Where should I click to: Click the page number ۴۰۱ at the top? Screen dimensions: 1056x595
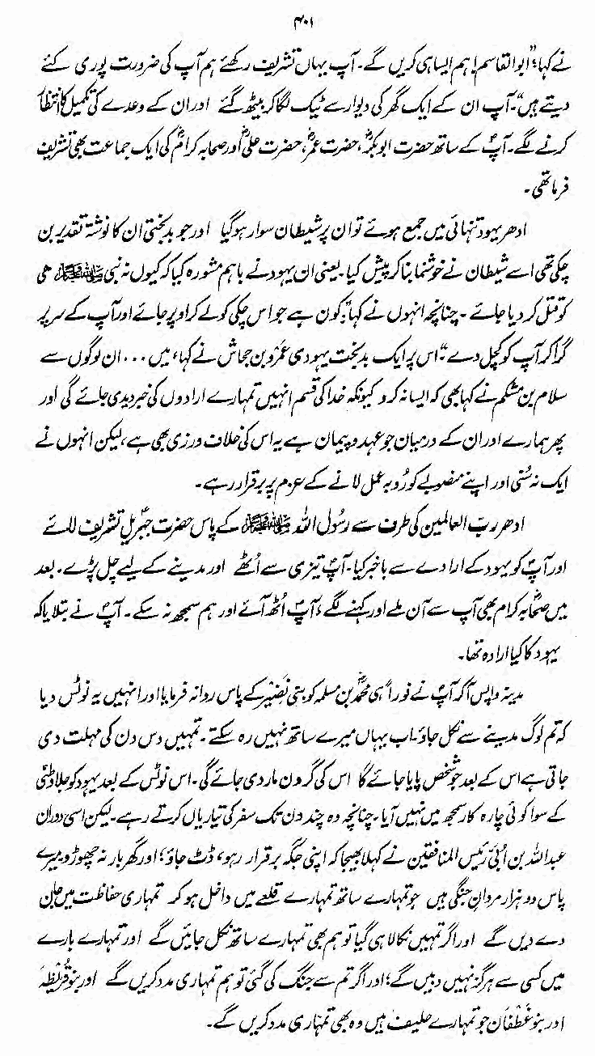pos(297,15)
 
